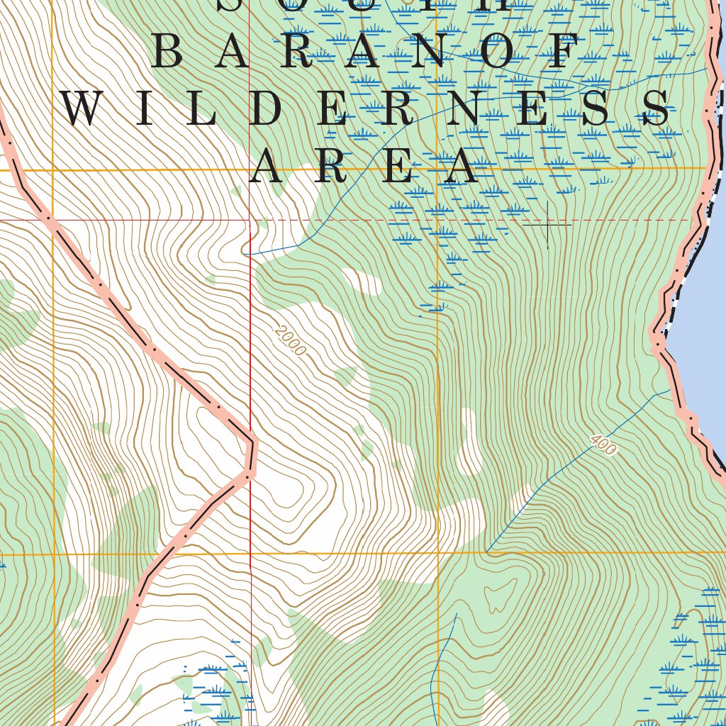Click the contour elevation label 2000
(291, 340)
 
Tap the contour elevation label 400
(603, 445)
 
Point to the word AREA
(363, 167)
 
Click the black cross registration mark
(547, 225)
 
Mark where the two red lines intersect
(250, 220)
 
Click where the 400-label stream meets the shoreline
(671, 389)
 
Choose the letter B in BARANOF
(168, 54)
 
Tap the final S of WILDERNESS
(656, 111)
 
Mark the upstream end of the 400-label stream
(487, 552)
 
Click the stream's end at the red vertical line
(245, 253)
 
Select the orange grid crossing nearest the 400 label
(438, 552)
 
